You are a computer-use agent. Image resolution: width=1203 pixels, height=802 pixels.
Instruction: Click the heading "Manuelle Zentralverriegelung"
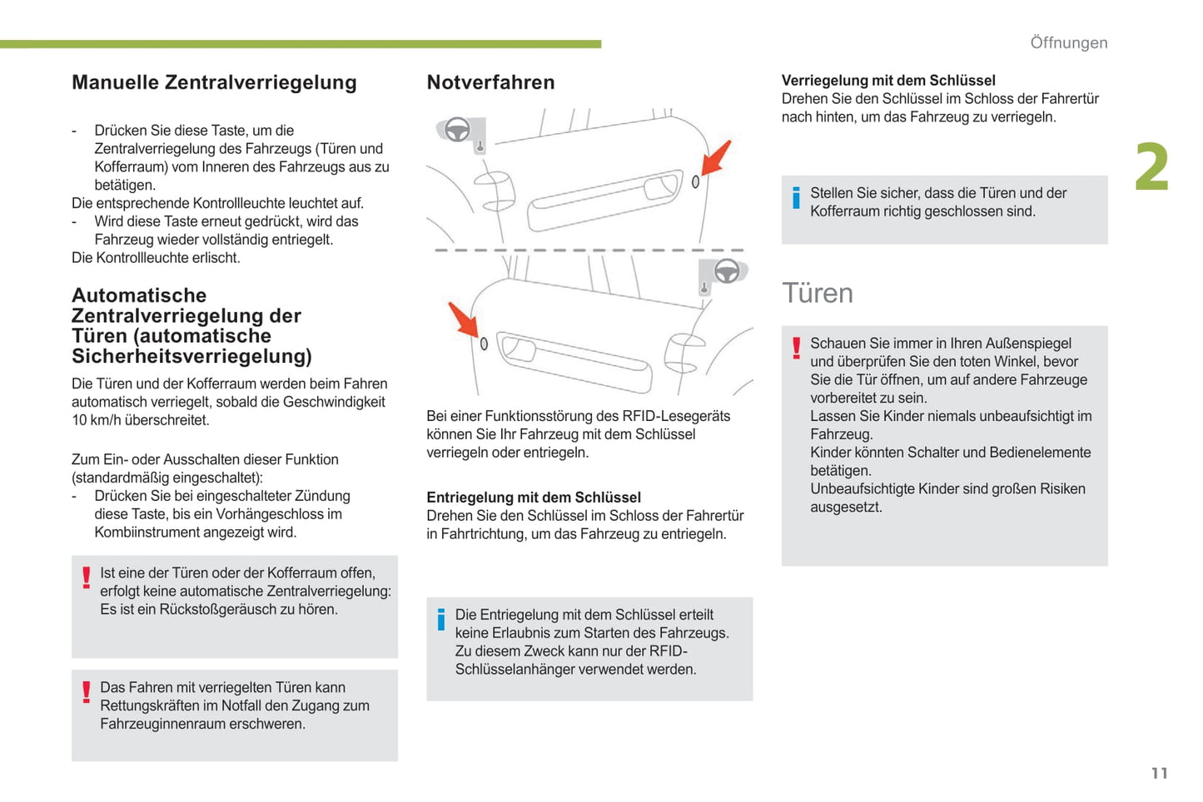coord(214,82)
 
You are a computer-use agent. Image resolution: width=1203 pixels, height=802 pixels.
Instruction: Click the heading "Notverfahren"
coord(490,82)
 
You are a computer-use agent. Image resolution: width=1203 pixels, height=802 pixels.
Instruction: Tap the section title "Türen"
coord(817,293)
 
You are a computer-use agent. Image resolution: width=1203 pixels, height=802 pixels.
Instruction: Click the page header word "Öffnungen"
coord(1068,42)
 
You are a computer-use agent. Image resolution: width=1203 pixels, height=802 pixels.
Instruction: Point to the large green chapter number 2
coord(1151,167)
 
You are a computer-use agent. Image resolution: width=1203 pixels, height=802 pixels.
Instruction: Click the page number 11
coord(1159,773)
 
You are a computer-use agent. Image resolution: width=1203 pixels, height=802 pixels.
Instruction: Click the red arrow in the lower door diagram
coord(463,319)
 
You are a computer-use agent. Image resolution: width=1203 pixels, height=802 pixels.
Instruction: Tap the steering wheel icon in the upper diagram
coord(457,130)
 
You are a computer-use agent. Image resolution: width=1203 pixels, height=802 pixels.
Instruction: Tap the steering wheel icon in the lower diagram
coord(727,271)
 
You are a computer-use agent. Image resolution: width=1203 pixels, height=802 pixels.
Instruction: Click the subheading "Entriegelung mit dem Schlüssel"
coord(534,498)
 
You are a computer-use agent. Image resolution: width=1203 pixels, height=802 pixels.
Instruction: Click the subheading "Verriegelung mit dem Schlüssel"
coord(888,81)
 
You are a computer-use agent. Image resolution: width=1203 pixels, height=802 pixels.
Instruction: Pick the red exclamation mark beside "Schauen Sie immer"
coord(796,348)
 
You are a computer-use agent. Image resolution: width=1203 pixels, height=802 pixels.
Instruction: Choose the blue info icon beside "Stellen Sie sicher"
coord(796,198)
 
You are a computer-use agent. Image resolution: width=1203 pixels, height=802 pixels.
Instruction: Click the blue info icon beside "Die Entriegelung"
coord(441,620)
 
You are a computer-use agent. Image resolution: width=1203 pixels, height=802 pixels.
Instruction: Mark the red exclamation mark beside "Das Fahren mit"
coord(86,692)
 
